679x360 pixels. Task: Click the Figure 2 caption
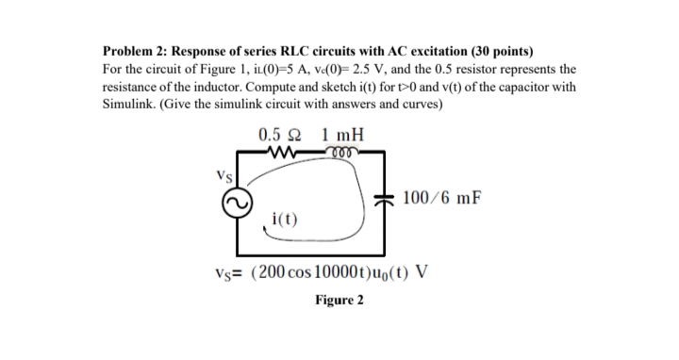point(339,301)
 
